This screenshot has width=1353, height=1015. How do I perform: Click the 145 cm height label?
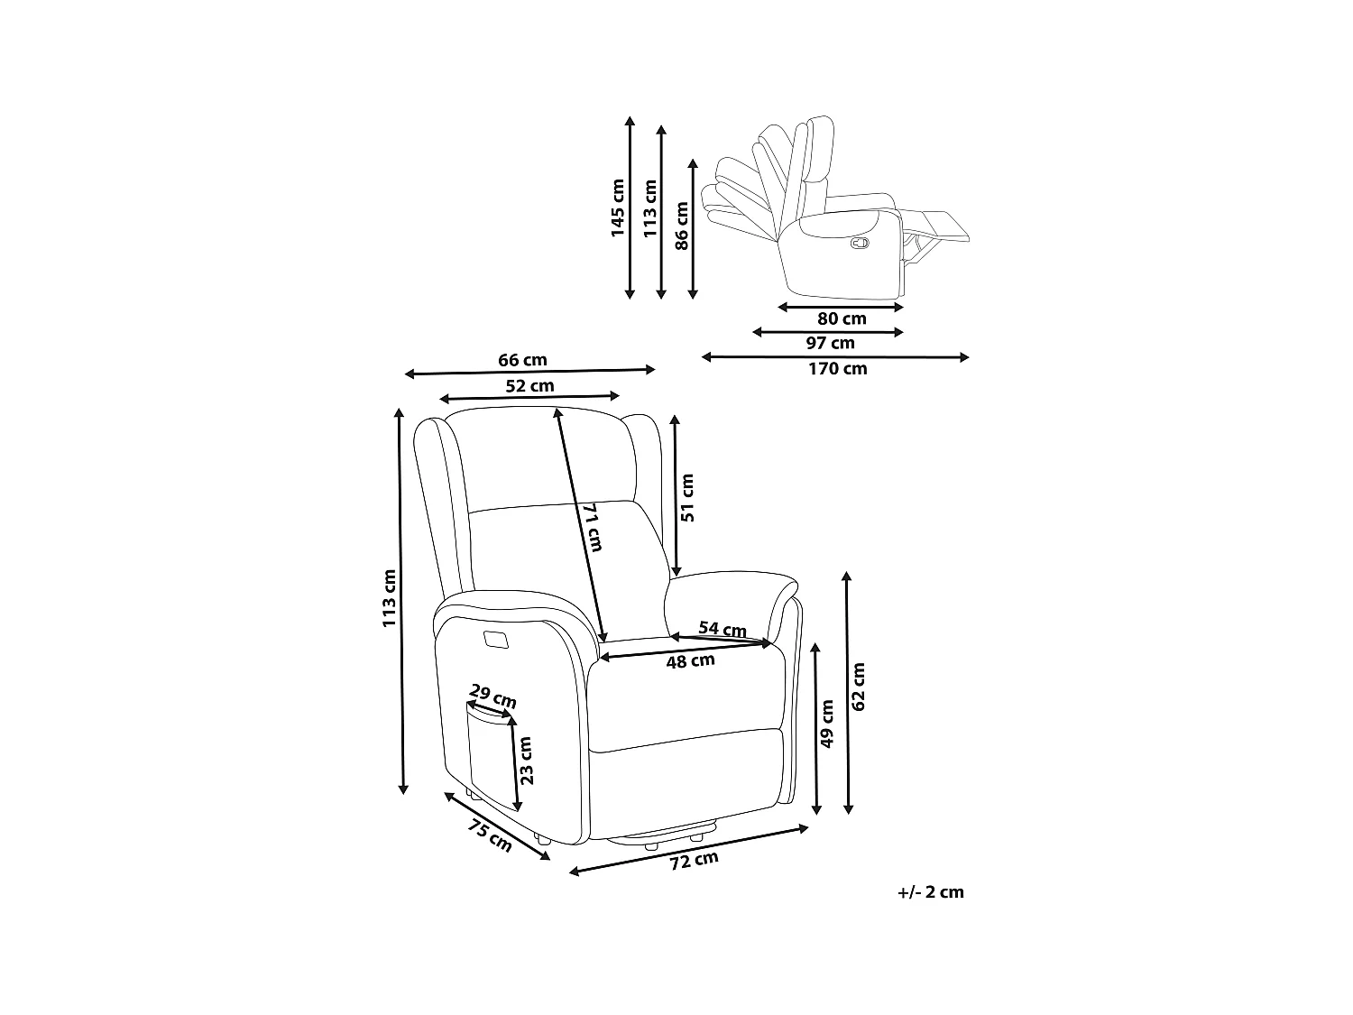point(618,208)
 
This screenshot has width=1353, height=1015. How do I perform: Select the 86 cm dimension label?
point(682,226)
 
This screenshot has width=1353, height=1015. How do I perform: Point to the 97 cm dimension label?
point(830,344)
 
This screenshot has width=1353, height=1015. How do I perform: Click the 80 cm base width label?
point(842,318)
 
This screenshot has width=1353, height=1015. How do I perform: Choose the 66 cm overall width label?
point(523,360)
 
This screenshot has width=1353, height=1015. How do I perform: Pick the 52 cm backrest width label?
point(529,386)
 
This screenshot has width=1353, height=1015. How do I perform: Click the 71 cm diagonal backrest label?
point(591,527)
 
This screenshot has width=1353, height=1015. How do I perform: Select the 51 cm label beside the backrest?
point(687,498)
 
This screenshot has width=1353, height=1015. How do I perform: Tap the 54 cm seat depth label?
point(723,629)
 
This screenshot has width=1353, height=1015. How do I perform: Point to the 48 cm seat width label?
point(690,660)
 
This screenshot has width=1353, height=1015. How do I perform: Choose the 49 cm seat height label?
point(827,724)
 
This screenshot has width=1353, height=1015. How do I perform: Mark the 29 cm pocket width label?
point(493,697)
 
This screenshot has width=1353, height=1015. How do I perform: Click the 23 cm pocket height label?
point(527,760)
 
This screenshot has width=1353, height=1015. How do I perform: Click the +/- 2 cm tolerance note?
point(931,892)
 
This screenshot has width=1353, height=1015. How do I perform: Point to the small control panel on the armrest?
point(496,640)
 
